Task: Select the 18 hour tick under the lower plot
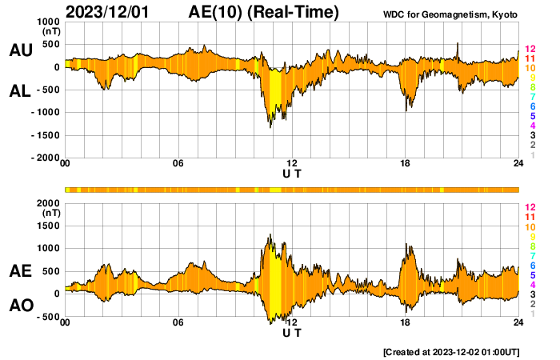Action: tap(406, 323)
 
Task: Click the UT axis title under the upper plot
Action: tap(292, 173)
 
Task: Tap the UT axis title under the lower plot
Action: tap(292, 332)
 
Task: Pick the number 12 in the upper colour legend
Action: tap(530, 49)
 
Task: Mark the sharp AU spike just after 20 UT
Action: tap(458, 44)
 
